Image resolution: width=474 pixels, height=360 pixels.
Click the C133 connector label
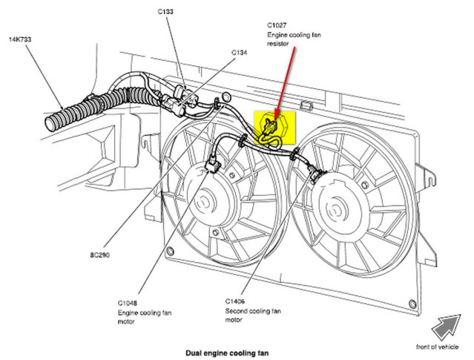click(165, 13)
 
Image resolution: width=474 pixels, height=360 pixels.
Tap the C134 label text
click(239, 53)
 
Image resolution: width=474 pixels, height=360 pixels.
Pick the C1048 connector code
click(128, 303)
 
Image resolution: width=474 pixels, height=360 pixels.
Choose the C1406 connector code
click(237, 301)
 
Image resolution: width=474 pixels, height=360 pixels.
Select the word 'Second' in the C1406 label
click(238, 312)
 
